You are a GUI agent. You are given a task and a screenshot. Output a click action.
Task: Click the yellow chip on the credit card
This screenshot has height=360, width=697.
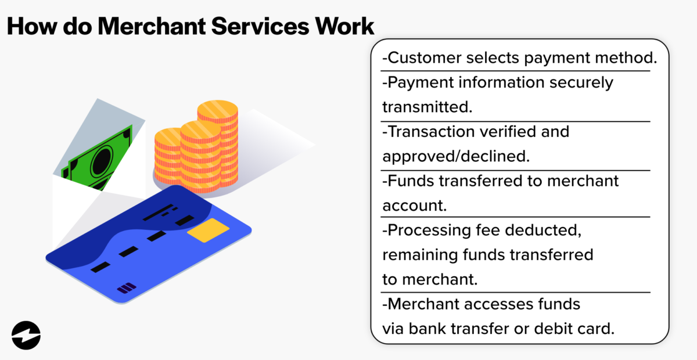[x=204, y=231]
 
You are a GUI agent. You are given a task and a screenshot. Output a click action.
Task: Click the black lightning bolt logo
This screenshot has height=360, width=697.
[x=26, y=335]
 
